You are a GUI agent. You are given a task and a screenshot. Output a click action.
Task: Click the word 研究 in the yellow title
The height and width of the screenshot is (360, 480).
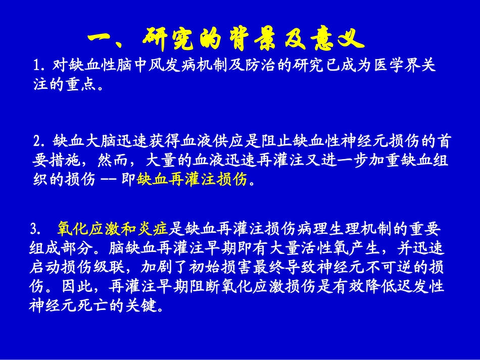(x=172, y=39)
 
